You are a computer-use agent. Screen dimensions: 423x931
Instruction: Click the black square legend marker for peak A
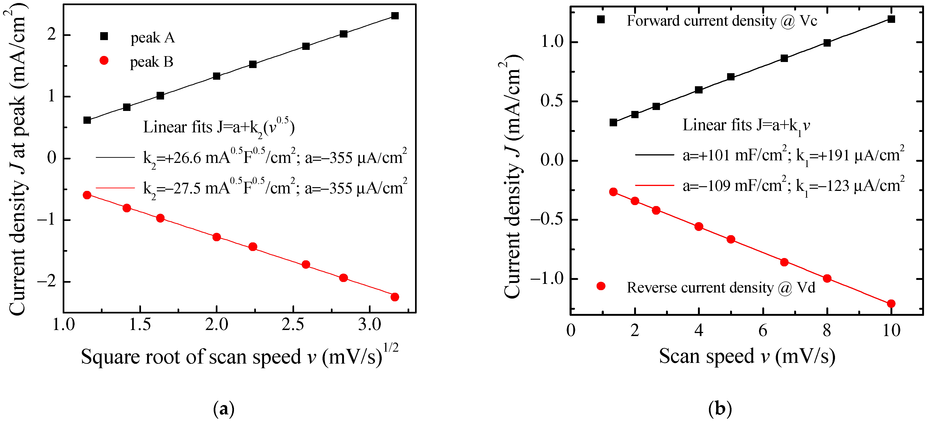(x=104, y=36)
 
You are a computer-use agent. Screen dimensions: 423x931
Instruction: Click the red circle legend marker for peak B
(x=104, y=61)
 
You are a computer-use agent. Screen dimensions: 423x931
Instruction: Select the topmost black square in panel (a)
(x=395, y=16)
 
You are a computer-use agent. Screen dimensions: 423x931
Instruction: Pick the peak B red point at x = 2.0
(x=216, y=237)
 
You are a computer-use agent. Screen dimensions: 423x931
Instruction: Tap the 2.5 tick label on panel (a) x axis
(x=293, y=325)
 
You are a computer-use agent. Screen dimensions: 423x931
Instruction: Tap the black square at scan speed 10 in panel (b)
(x=891, y=19)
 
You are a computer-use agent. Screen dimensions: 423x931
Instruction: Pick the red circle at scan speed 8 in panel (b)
(x=827, y=278)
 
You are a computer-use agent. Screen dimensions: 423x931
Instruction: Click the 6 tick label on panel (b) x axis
(x=763, y=330)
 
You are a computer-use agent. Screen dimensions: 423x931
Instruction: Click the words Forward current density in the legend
(x=701, y=21)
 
